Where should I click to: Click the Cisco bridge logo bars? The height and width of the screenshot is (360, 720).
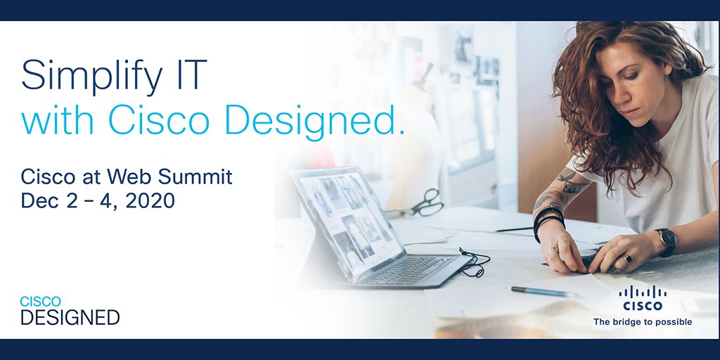642,292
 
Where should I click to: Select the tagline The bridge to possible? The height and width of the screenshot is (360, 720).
642,322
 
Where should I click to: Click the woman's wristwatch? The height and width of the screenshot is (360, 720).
666,240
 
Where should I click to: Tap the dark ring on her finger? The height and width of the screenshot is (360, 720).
627,259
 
